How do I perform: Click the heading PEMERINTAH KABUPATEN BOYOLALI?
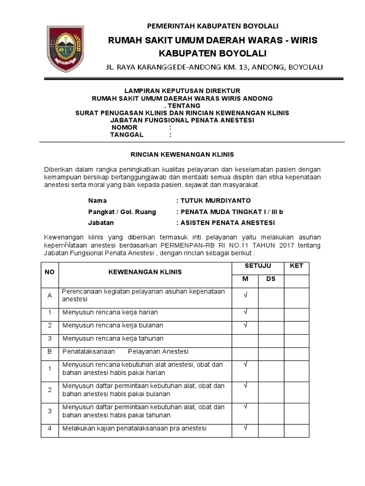point(212,26)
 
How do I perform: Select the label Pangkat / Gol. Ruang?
point(122,212)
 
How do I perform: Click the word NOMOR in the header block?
point(125,128)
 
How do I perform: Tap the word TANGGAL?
point(126,135)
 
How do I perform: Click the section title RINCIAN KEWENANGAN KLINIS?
point(182,154)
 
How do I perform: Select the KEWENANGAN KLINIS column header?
point(145,272)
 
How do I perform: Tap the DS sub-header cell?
point(271,279)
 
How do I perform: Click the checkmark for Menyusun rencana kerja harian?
point(245,312)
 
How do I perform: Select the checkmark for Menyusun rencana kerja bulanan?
point(245,325)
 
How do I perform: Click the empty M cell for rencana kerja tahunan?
point(245,338)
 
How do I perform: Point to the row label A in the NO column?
point(49,296)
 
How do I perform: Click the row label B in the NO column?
point(49,351)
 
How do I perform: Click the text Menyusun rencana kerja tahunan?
point(113,338)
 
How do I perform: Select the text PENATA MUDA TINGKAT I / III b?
point(232,212)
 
